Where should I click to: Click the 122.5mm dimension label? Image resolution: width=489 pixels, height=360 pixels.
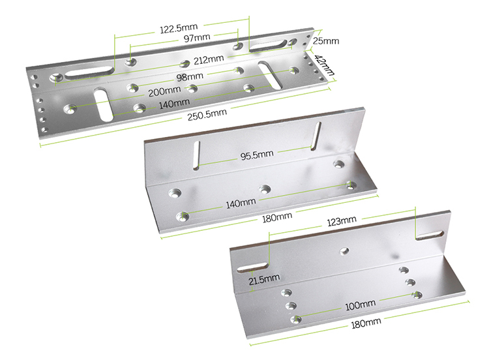coord(179,29)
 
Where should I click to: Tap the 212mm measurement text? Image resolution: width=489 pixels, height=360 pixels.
coord(208,59)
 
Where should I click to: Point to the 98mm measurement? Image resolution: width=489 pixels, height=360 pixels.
coord(189,77)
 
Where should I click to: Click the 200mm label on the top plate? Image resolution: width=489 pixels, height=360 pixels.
coord(164,91)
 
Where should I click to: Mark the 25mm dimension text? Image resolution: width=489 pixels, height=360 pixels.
coord(326,40)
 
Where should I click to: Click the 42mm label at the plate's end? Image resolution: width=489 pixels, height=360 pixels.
coord(323,65)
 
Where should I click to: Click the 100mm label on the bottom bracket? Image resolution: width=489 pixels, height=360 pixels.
coord(360,304)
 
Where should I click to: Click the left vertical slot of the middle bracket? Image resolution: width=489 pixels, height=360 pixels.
coord(196,154)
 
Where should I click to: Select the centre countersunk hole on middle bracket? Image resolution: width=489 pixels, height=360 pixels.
coord(265,189)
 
